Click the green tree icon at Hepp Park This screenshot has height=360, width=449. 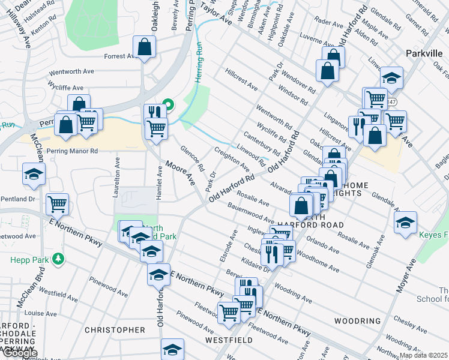pos(58,259)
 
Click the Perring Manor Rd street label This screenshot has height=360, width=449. pos(72,151)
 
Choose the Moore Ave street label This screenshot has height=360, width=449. pos(181,173)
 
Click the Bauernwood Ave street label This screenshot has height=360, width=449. pos(250,214)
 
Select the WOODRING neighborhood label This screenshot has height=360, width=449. pos(358,321)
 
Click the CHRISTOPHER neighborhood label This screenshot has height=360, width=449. pos(115,330)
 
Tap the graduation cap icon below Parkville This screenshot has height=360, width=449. pos(391,77)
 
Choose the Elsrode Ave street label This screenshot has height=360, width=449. pos(232,240)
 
